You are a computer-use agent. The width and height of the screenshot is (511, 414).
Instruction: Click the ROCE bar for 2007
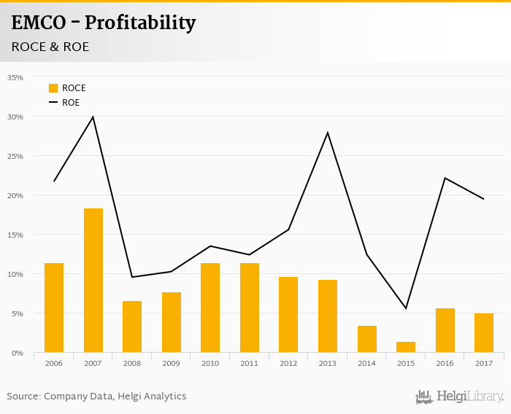coord(93,281)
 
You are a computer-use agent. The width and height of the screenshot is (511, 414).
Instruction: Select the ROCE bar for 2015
coord(406,347)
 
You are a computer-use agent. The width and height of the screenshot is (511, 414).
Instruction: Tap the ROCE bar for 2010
coord(210,308)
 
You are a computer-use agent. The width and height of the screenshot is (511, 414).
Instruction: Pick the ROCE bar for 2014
coord(366,339)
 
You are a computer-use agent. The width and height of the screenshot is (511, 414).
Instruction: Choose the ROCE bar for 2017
coord(484,333)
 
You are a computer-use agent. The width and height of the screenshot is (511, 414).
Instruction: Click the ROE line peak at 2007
coord(93,117)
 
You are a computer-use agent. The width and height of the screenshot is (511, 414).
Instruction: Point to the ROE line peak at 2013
coord(328,133)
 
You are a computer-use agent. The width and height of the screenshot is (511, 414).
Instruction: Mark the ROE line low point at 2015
coord(406,308)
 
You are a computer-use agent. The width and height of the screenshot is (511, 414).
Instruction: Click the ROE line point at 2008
coord(132,277)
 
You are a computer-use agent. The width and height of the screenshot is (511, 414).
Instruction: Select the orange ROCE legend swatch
coord(53,88)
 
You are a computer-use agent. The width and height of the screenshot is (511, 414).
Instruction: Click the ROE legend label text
coord(71,103)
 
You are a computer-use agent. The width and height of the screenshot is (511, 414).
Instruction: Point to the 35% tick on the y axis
coord(15,77)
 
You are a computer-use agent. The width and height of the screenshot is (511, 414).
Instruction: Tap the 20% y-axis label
coord(15,195)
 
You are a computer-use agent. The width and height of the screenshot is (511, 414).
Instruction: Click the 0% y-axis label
coord(17,353)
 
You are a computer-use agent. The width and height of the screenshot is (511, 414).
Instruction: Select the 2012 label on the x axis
coord(288,363)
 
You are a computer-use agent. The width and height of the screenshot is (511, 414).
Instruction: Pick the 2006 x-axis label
coord(54,363)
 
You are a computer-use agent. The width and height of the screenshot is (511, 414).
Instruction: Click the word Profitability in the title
coord(140,23)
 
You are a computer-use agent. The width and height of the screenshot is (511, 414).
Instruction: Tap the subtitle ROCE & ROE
coord(50,47)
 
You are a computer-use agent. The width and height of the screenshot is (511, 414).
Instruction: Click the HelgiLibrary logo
coord(460,397)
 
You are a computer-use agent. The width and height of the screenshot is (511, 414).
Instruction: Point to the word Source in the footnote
coord(23,397)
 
